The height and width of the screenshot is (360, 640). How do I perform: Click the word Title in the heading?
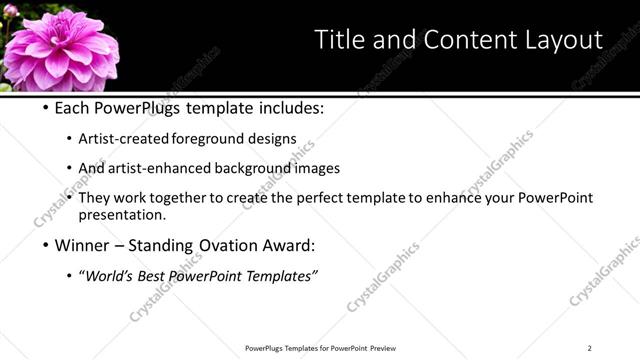pyautogui.click(x=341, y=40)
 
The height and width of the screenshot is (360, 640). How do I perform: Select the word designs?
pyautogui.click(x=274, y=139)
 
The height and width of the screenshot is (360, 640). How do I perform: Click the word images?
pyautogui.click(x=317, y=169)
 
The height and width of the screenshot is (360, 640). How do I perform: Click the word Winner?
pyautogui.click(x=80, y=245)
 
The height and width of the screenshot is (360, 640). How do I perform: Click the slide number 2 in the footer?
pyautogui.click(x=589, y=348)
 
